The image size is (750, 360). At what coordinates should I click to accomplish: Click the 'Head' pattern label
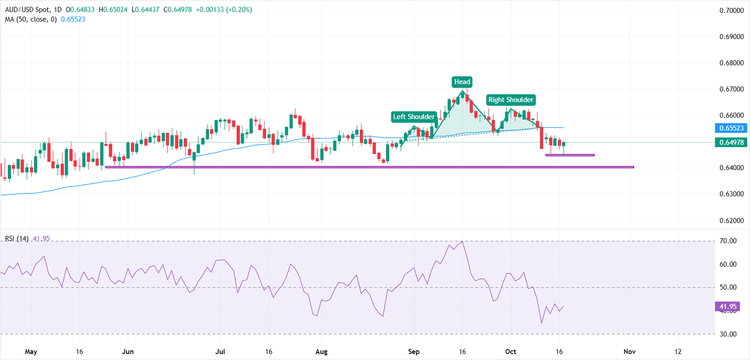pyautogui.click(x=462, y=82)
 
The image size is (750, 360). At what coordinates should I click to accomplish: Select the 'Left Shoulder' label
pyautogui.click(x=414, y=117)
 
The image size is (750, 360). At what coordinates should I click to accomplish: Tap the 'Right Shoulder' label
pyautogui.click(x=511, y=100)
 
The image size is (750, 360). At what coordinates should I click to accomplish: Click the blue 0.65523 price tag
pyautogui.click(x=728, y=128)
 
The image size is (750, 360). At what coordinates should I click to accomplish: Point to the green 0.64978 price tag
pyautogui.click(x=728, y=143)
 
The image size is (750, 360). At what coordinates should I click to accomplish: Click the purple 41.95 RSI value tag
pyautogui.click(x=728, y=307)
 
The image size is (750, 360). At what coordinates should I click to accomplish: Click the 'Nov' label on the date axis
pyautogui.click(x=630, y=352)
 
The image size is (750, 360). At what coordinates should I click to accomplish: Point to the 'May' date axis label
pyautogui.click(x=31, y=352)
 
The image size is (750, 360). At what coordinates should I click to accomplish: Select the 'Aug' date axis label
pyautogui.click(x=321, y=352)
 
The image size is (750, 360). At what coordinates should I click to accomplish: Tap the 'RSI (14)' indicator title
pyautogui.click(x=17, y=239)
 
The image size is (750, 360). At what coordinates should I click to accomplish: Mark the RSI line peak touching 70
pyautogui.click(x=462, y=241)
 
